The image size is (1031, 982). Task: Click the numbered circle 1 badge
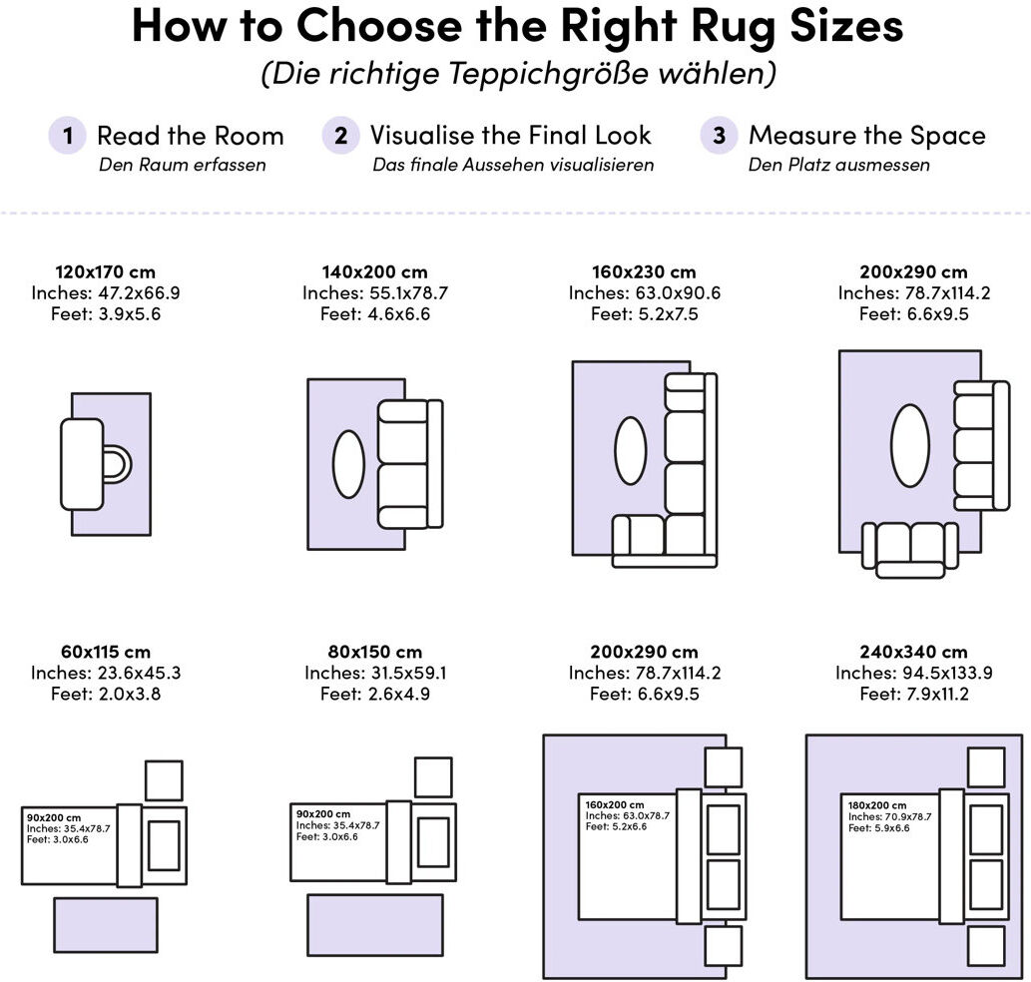click(67, 136)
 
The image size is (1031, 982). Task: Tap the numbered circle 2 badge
click(340, 136)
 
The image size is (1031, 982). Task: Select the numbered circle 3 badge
click(719, 136)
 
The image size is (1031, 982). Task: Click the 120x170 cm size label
click(105, 272)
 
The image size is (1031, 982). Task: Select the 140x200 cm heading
click(375, 272)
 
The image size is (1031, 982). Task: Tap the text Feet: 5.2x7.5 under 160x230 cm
click(645, 314)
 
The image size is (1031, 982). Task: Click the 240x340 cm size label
click(914, 652)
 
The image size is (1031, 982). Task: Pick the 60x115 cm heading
click(106, 652)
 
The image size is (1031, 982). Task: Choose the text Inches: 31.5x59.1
click(375, 673)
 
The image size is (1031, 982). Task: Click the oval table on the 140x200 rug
click(348, 464)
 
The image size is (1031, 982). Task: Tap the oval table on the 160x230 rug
click(631, 451)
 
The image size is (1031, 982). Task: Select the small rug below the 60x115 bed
click(106, 925)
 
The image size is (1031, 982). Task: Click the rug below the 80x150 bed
click(375, 925)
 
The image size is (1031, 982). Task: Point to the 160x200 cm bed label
click(615, 804)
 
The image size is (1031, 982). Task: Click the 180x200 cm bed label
click(877, 805)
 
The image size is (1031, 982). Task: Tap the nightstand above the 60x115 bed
click(164, 780)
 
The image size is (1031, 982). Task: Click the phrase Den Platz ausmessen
click(839, 165)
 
